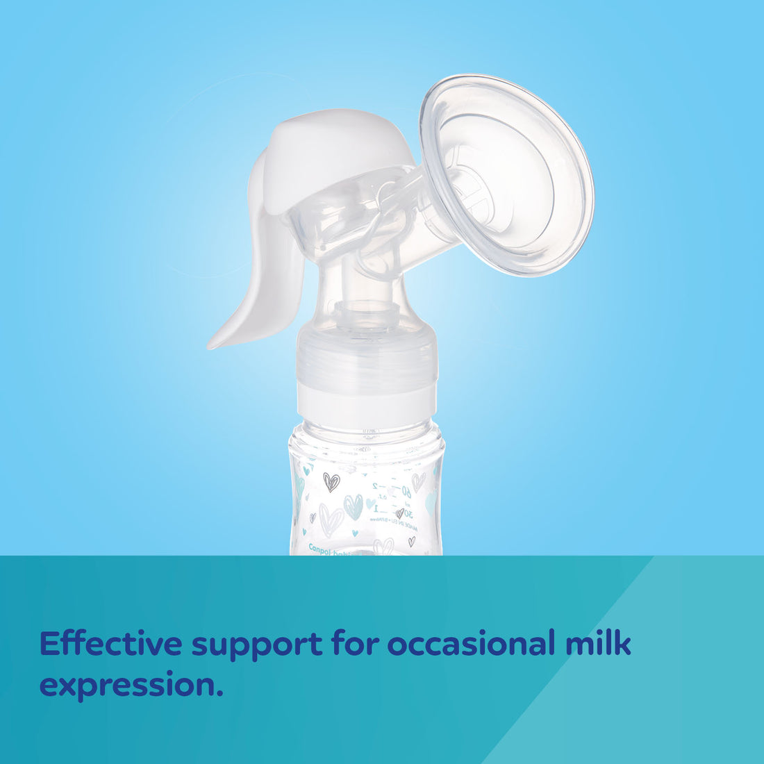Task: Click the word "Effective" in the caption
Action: [x=110, y=644]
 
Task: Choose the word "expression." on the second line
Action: [x=131, y=686]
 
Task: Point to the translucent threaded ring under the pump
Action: [x=367, y=360]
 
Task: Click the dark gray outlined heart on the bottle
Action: [x=331, y=481]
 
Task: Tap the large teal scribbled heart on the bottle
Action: [x=354, y=506]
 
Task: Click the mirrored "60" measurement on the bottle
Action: [x=405, y=492]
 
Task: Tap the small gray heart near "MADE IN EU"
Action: [x=399, y=513]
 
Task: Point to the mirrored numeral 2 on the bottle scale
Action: [x=375, y=487]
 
